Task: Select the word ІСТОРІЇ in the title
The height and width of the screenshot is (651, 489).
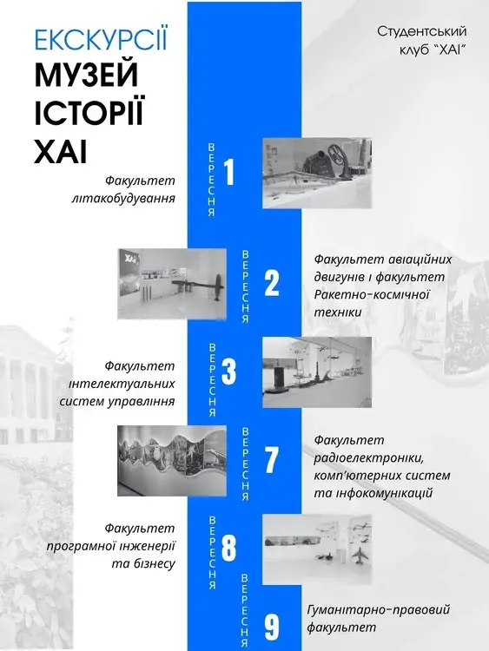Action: click(x=89, y=112)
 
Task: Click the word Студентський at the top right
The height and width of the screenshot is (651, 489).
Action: click(x=422, y=31)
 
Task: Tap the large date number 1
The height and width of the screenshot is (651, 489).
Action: click(x=229, y=172)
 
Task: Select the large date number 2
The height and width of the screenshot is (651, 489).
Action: click(x=272, y=283)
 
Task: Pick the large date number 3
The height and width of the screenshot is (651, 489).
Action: click(x=229, y=371)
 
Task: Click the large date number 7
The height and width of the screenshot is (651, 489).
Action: click(x=271, y=459)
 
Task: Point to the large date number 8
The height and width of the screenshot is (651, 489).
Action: click(x=229, y=548)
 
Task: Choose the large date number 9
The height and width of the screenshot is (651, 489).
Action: click(x=272, y=628)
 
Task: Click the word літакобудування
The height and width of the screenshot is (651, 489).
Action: click(x=123, y=199)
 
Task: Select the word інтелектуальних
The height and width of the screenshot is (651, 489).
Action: click(x=122, y=384)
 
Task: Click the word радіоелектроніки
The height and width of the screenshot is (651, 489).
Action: click(x=369, y=458)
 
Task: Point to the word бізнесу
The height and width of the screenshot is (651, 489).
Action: click(x=143, y=564)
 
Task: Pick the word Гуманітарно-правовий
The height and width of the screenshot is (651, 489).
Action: click(x=379, y=610)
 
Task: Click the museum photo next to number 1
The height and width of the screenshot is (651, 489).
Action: click(x=317, y=173)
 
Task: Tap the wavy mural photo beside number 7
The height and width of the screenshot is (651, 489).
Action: click(x=172, y=460)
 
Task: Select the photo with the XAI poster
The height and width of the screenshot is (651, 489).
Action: click(x=172, y=284)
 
